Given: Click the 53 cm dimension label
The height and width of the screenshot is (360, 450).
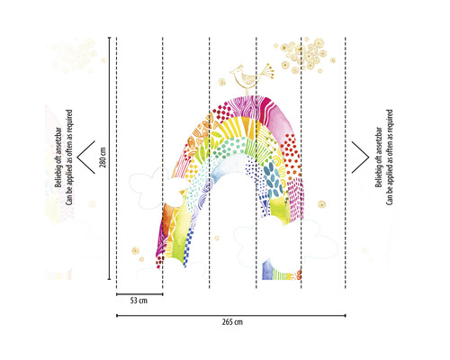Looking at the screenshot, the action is tap(139, 301).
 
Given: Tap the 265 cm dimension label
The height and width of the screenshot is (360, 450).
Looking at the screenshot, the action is tap(232, 322).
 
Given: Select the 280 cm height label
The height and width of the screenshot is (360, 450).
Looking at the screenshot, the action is tap(103, 157).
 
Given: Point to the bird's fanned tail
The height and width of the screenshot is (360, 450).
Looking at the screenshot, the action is tap(266, 70).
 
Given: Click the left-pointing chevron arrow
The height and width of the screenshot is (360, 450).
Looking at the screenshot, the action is tap(86, 157).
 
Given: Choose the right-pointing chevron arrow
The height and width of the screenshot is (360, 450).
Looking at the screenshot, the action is tap(360, 157).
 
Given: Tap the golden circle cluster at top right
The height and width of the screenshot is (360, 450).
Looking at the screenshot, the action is tap(303, 56).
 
